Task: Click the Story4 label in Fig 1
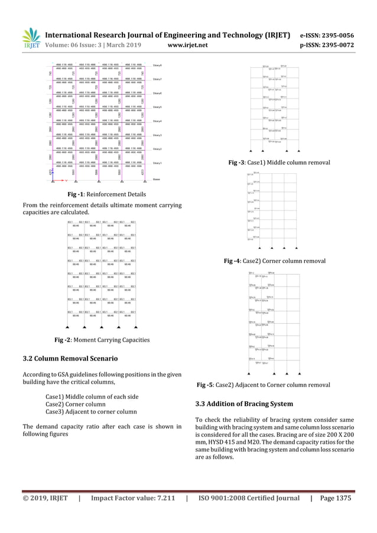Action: click(x=158, y=121)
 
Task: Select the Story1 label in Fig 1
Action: click(x=158, y=163)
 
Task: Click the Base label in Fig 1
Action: click(x=156, y=178)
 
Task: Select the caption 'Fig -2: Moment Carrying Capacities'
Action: click(x=102, y=340)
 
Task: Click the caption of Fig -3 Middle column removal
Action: click(x=279, y=162)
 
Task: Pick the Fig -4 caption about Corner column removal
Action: click(x=275, y=261)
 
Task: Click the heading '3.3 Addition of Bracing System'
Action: click(x=244, y=404)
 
